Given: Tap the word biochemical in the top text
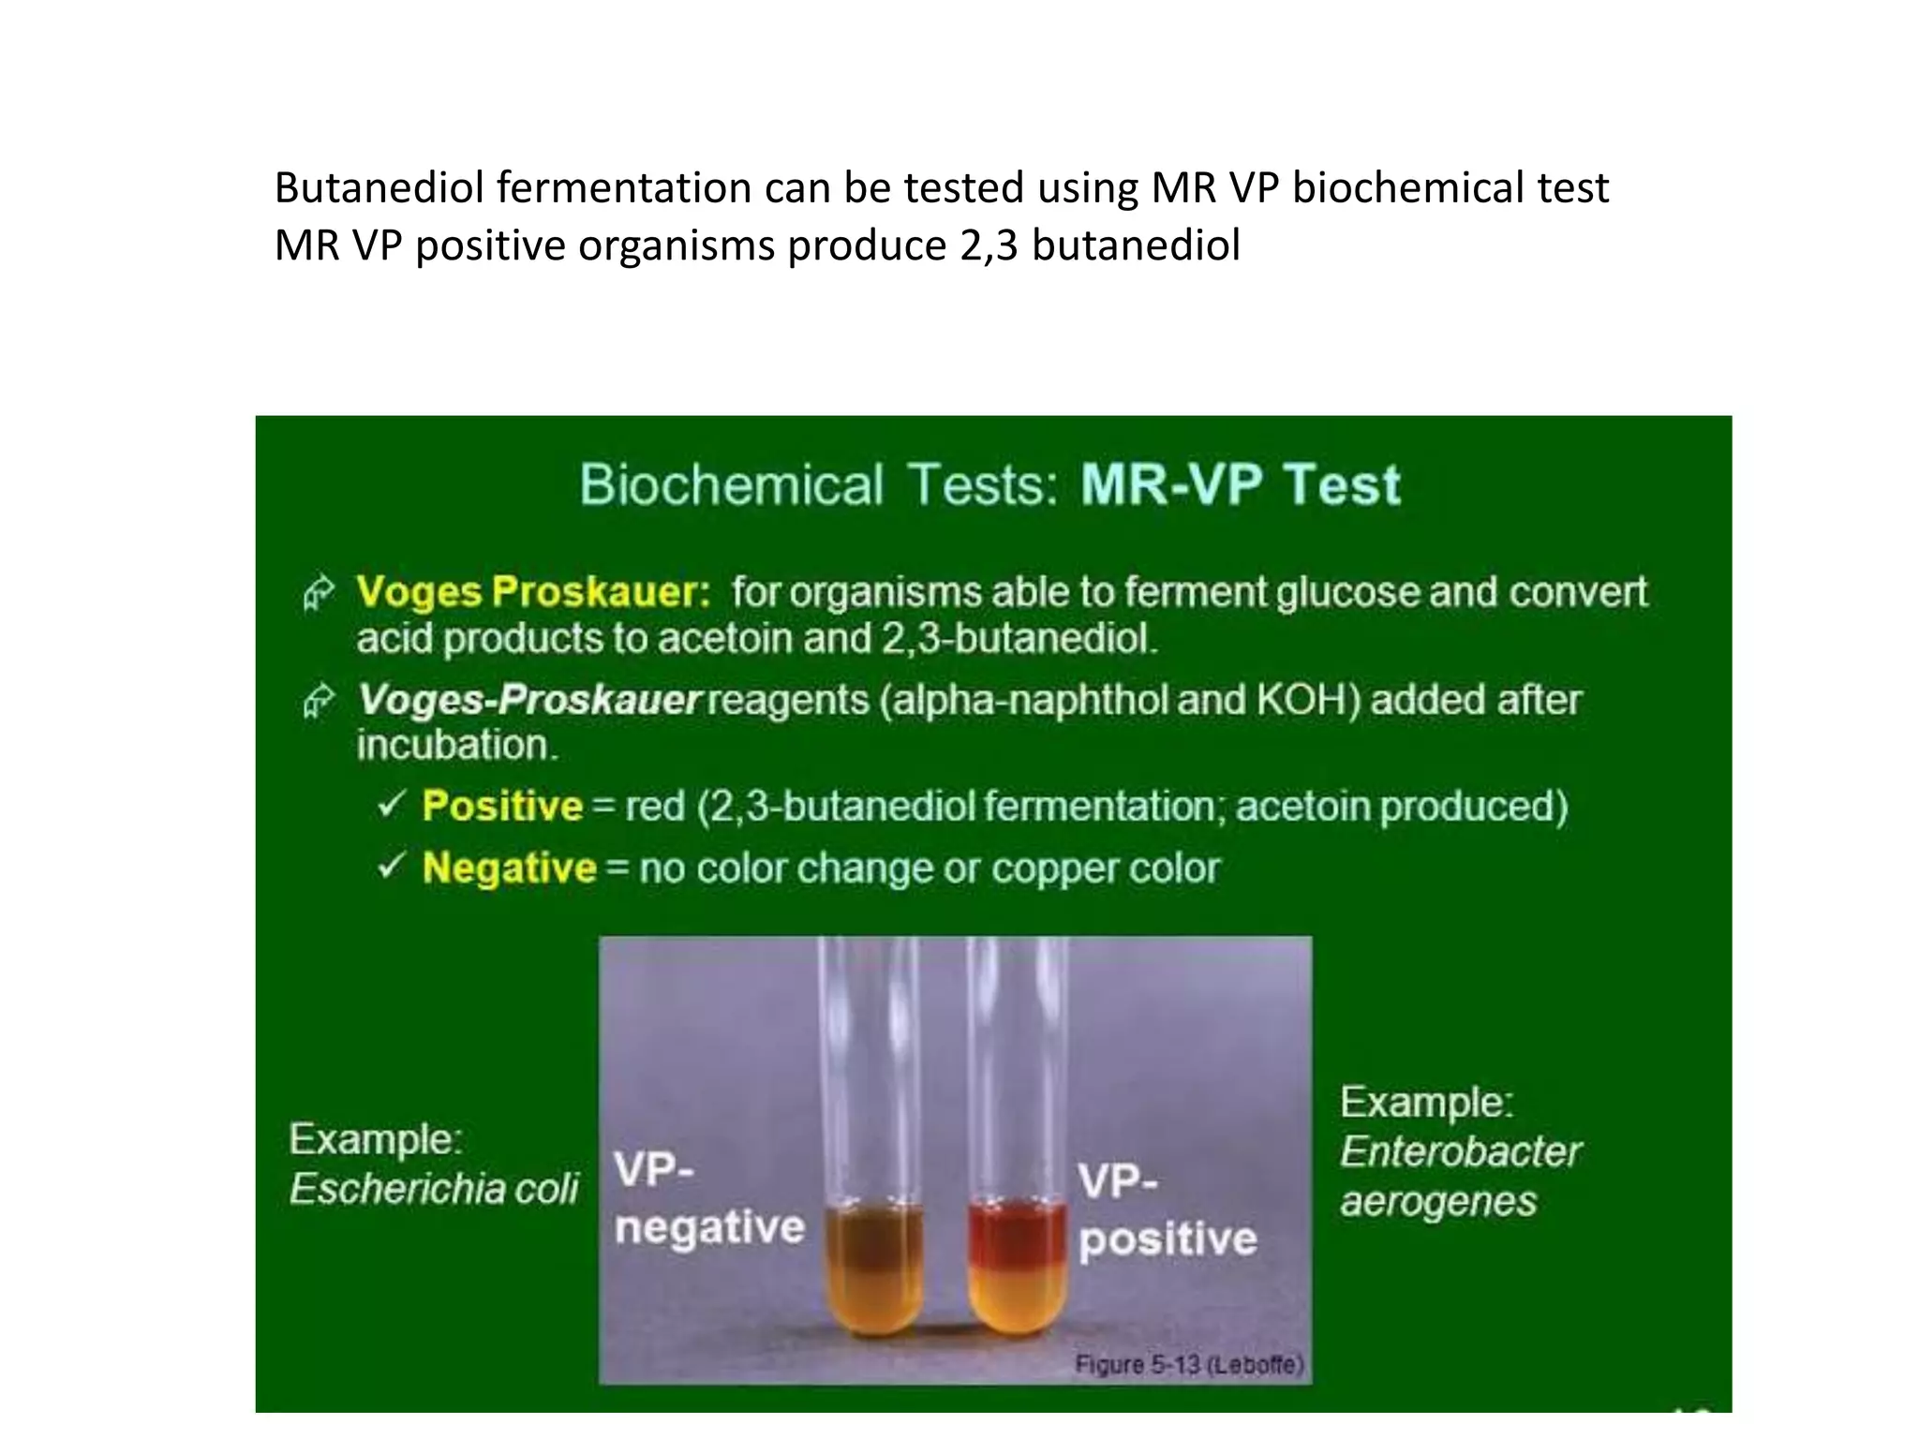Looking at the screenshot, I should (1406, 188).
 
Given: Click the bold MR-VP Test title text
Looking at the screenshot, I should (1241, 485).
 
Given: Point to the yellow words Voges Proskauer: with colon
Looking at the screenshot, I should (533, 592).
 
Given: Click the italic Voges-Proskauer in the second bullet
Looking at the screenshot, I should (529, 700).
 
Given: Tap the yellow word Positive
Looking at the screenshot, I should (502, 807).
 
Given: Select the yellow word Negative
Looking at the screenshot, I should (509, 868).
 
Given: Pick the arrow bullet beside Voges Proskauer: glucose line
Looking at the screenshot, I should (319, 593).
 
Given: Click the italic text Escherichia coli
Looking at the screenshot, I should (434, 1189).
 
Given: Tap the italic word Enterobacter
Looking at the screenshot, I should (1460, 1151).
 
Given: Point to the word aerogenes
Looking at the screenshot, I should (1438, 1201).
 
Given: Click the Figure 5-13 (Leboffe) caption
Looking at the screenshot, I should (1188, 1364).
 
